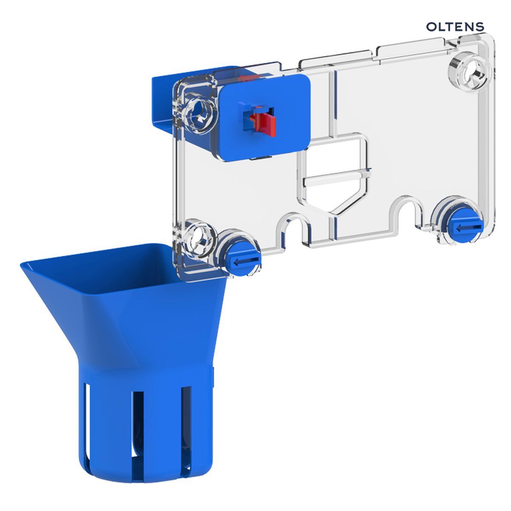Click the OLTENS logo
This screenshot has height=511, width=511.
[x=455, y=27]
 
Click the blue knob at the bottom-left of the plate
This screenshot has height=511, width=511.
[x=243, y=259]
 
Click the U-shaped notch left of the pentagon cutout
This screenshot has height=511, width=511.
[x=293, y=230]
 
